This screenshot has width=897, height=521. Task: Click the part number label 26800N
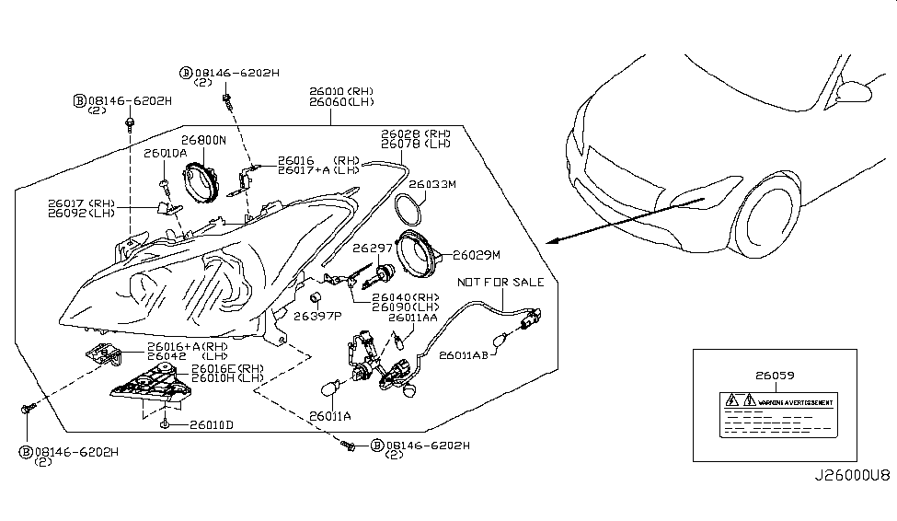[201, 141]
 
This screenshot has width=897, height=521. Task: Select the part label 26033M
[432, 184]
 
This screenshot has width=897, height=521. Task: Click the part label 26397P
[316, 315]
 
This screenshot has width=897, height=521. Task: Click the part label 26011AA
[412, 318]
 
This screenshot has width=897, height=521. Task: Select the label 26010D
[212, 424]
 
